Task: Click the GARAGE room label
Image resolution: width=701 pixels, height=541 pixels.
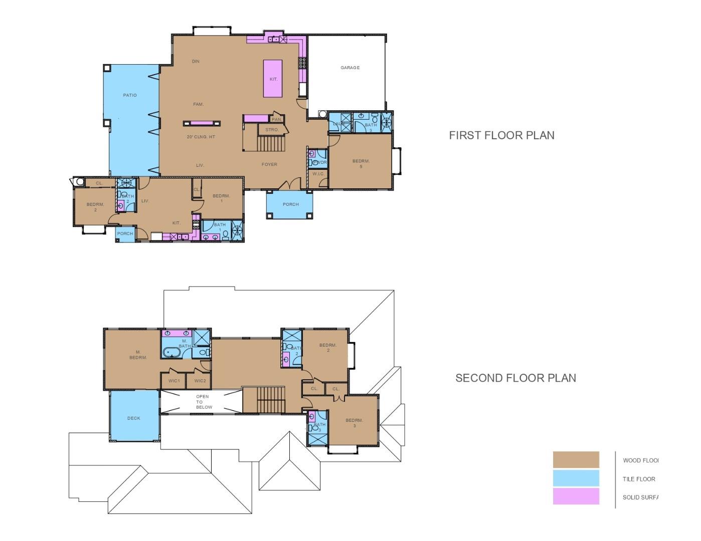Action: tap(350, 68)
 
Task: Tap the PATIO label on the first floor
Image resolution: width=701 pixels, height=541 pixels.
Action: tap(130, 95)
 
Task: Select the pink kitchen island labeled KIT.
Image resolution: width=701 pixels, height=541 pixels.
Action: tap(273, 79)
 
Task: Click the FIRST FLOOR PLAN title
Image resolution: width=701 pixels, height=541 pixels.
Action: tap(501, 135)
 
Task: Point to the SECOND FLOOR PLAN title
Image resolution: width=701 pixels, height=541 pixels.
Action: tap(515, 378)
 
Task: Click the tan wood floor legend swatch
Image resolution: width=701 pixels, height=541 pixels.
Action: tap(576, 460)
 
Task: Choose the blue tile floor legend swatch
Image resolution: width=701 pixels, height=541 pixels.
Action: tap(576, 478)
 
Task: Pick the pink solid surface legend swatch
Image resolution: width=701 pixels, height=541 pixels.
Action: tap(576, 496)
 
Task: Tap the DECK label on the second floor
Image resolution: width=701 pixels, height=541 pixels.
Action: tap(134, 418)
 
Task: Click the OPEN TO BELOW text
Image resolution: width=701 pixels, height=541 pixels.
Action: tap(203, 402)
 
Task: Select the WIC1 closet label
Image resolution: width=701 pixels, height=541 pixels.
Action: tap(174, 381)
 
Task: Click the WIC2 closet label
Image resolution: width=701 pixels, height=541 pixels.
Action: tap(200, 381)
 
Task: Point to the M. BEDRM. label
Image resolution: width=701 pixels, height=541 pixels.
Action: tap(138, 355)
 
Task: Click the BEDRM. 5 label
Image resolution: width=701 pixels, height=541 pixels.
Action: tap(361, 164)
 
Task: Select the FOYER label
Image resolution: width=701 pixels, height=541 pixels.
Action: tap(269, 164)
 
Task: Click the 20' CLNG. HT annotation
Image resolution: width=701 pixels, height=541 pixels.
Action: tap(201, 137)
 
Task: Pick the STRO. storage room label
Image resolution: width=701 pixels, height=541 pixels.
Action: tap(272, 130)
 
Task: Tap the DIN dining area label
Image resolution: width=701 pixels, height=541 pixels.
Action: tap(196, 62)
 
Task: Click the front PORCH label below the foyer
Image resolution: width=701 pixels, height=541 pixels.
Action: tap(290, 204)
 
